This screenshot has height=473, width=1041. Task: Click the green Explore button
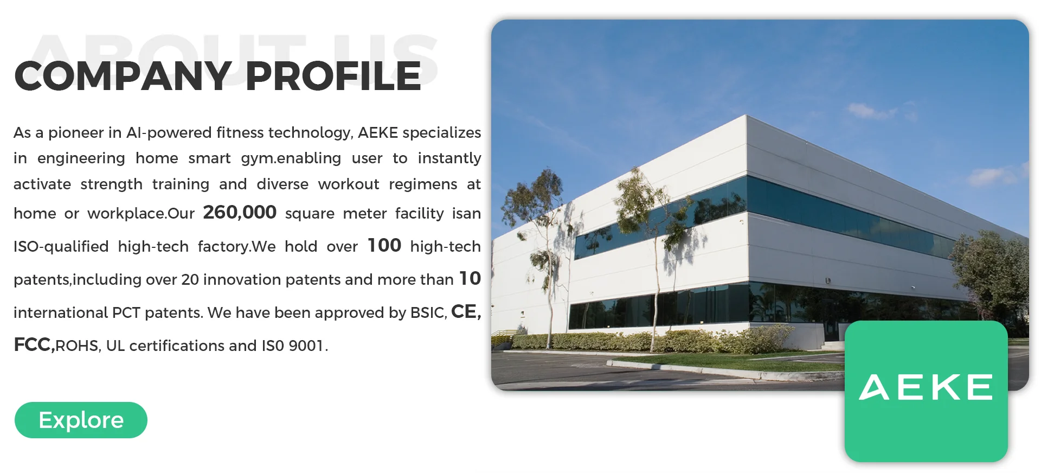[81, 420]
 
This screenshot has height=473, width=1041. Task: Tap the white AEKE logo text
[926, 387]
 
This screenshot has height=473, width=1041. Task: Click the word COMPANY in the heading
[123, 76]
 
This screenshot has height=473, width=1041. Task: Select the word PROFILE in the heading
[333, 76]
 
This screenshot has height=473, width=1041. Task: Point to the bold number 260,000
[240, 212]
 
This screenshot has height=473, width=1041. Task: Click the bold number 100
[384, 245]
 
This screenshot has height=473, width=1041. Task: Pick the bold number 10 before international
[470, 278]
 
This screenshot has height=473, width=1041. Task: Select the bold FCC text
[34, 345]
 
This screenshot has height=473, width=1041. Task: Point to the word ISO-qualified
[61, 247]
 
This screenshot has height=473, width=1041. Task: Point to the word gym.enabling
[291, 159]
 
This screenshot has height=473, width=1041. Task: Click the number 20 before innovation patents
[190, 280]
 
